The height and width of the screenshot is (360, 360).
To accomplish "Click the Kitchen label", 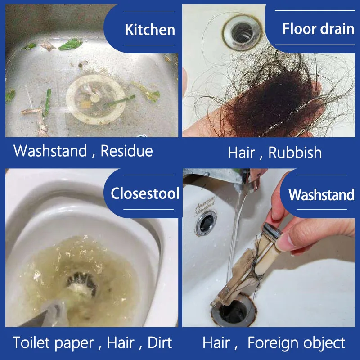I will [x=149, y=30].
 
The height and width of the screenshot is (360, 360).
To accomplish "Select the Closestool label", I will [x=145, y=194].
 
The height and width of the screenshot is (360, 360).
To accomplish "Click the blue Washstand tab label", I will [x=321, y=195].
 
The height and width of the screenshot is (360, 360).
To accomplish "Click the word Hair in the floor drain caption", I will [x=241, y=152].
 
